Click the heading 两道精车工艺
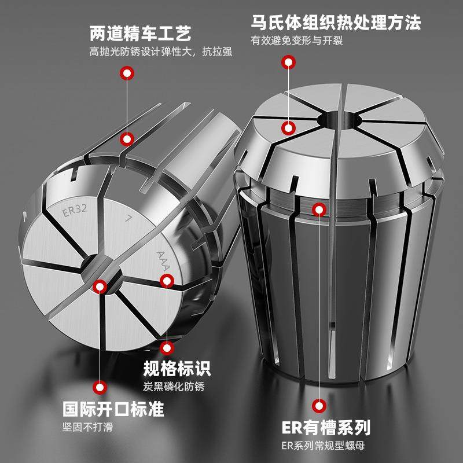pyautogui.click(x=141, y=32)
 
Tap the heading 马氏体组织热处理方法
pyautogui.click(x=335, y=23)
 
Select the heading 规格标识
pyautogui.click(x=177, y=368)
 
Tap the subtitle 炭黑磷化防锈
pyautogui.click(x=173, y=387)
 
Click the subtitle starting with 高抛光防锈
pyautogui.click(x=161, y=52)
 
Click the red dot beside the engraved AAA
pyautogui.click(x=167, y=281)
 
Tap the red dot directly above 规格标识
pyautogui.click(x=167, y=347)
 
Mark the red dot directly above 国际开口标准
pyautogui.click(x=101, y=388)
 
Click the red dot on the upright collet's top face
pyautogui.click(x=288, y=128)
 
